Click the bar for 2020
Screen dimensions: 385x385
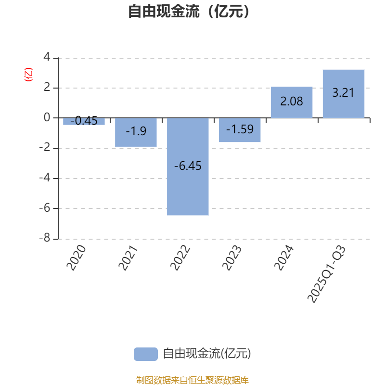[84, 122]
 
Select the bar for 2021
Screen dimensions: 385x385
[136, 132]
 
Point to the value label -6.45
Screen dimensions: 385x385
[188, 166]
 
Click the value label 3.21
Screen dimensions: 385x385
[343, 92]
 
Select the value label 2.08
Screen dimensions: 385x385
[292, 102]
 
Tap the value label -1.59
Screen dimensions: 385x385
[240, 129]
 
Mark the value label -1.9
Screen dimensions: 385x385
[136, 131]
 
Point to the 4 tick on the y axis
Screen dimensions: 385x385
[47, 57]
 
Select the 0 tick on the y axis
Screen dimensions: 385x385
[47, 117]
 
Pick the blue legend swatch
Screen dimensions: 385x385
[145, 354]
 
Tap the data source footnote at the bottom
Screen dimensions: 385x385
[192, 380]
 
